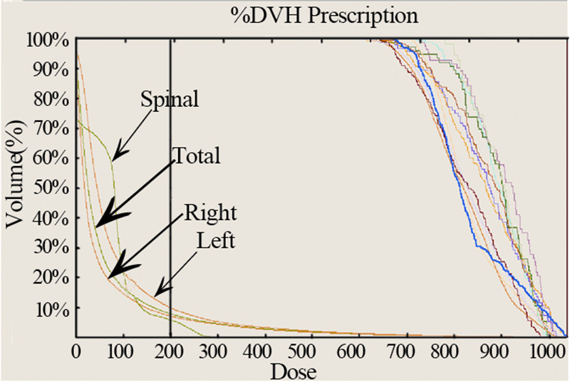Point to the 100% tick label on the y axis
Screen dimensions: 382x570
pyautogui.click(x=47, y=40)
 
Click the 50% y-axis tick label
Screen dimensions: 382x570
pyautogui.click(x=51, y=189)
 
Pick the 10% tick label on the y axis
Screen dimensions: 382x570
pyautogui.click(x=51, y=309)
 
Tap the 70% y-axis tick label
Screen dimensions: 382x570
pyautogui.click(x=51, y=129)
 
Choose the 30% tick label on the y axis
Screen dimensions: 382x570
pyautogui.click(x=51, y=249)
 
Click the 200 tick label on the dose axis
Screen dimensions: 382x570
pyautogui.click(x=170, y=351)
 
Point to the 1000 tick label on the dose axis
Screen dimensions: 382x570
pyautogui.click(x=545, y=351)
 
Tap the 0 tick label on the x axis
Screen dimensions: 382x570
pyautogui.click(x=76, y=351)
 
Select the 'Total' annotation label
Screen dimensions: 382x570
pyautogui.click(x=196, y=155)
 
